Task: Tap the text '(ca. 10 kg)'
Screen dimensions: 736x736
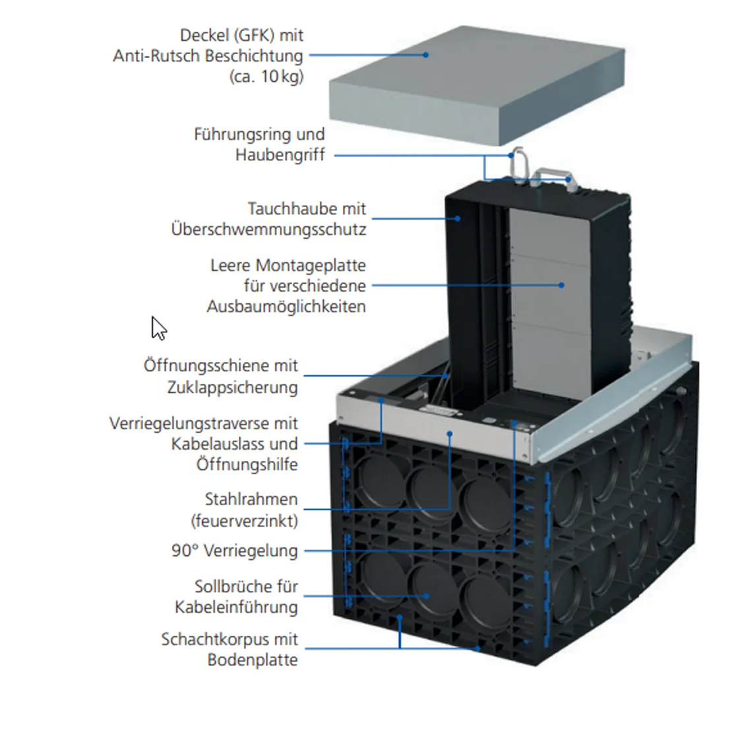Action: (x=266, y=77)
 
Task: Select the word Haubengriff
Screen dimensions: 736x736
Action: (x=280, y=156)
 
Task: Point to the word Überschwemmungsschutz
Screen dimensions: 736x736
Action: (x=268, y=230)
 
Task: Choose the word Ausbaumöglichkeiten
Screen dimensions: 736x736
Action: (x=286, y=307)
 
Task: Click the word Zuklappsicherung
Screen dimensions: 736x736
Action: (x=232, y=387)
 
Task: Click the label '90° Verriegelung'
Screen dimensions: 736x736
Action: (x=234, y=551)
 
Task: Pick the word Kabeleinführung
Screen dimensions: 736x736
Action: (x=236, y=607)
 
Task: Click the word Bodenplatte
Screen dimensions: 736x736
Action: (x=253, y=660)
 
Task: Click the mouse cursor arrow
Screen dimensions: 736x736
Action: (x=158, y=328)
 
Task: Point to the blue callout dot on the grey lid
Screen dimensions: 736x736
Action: (x=426, y=55)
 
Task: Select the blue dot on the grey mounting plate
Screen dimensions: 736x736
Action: (x=561, y=286)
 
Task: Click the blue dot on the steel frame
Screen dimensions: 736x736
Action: (x=450, y=433)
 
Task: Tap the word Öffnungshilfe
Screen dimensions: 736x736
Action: (x=247, y=465)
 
